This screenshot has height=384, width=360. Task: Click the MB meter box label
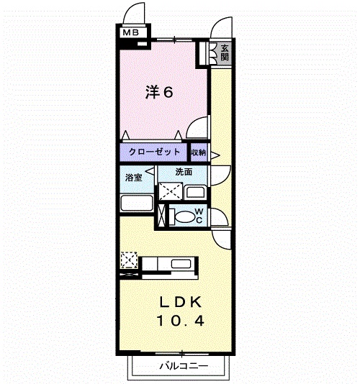pyautogui.click(x=131, y=32)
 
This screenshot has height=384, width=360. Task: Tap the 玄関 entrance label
pyautogui.click(x=225, y=52)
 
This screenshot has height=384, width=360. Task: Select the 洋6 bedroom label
pyautogui.click(x=159, y=92)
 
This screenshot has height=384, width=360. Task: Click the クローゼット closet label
pyautogui.click(x=154, y=152)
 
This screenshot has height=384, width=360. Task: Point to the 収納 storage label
pyautogui.click(x=198, y=152)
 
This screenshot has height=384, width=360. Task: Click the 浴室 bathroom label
pyautogui.click(x=134, y=178)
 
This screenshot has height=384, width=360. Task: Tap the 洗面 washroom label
pyautogui.click(x=184, y=172)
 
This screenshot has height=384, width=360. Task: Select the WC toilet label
pyautogui.click(x=199, y=216)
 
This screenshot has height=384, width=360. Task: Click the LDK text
pyautogui.click(x=181, y=302)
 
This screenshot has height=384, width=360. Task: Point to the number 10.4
pyautogui.click(x=181, y=321)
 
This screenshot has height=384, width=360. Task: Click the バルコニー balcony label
pyautogui.click(x=184, y=366)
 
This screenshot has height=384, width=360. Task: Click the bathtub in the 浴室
pyautogui.click(x=137, y=203)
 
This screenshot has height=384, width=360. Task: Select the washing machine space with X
pyautogui.click(x=171, y=191)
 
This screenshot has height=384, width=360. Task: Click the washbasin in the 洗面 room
pyautogui.click(x=195, y=193)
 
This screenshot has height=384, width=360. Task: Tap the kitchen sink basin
pyautogui.click(x=181, y=264)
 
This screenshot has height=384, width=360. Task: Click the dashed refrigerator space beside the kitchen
pyautogui.click(x=129, y=260)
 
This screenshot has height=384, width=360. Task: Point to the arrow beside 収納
pyautogui.click(x=215, y=155)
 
